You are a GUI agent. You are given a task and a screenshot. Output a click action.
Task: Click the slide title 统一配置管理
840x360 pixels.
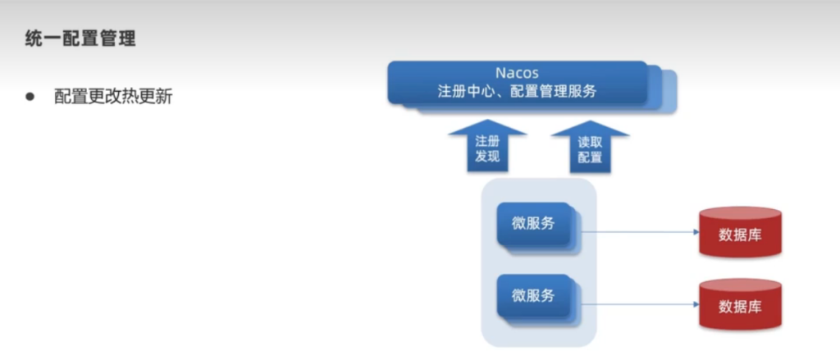tap(80, 39)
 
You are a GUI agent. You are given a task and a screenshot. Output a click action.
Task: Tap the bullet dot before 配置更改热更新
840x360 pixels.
tap(30, 97)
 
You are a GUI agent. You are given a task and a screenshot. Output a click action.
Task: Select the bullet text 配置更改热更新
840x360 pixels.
tap(113, 97)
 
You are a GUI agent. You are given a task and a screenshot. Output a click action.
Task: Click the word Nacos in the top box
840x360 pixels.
tap(517, 72)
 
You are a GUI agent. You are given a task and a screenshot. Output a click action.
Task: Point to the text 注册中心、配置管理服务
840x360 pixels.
tap(517, 91)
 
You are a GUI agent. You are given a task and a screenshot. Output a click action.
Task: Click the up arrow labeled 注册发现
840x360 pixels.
tap(487, 146)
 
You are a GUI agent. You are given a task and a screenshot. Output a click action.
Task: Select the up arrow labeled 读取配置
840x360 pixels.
tap(590, 146)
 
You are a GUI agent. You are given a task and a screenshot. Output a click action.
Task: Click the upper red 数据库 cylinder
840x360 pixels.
tap(740, 231)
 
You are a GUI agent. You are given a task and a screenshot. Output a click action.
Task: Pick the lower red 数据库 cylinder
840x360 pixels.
tap(740, 303)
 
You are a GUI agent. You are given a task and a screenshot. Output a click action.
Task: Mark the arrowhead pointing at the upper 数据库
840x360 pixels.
tap(696, 232)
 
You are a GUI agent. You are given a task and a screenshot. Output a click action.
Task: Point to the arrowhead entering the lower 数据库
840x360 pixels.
tap(696, 304)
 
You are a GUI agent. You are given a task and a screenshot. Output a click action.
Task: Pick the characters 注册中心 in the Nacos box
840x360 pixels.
tap(468, 91)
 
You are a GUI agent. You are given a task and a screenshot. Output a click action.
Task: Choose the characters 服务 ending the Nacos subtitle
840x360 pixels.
tap(582, 91)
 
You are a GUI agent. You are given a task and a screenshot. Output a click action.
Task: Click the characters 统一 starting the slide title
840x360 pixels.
tap(43, 39)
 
